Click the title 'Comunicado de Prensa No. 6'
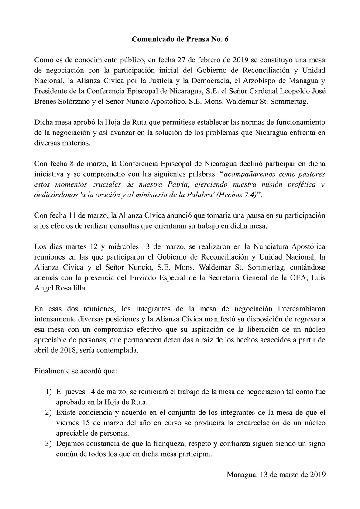(180, 39)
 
